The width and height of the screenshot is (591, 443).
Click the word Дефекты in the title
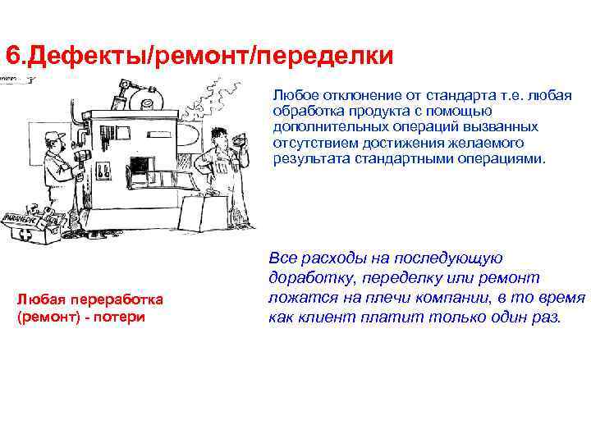tap(66, 56)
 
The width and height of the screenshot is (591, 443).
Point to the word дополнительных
tap(322, 126)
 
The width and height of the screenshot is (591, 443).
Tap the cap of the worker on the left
tap(55, 135)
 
